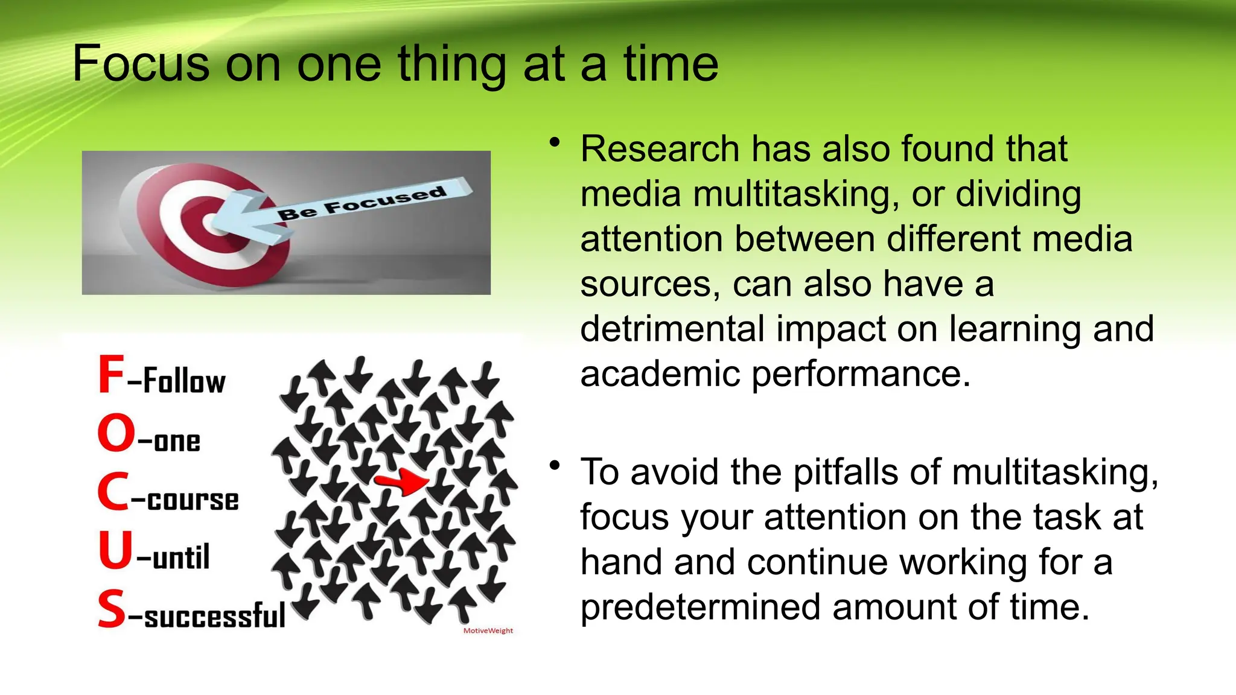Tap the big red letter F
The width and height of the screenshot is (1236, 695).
pyautogui.click(x=111, y=375)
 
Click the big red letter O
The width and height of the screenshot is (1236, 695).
pyautogui.click(x=116, y=433)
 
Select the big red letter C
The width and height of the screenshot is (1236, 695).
pyautogui.click(x=112, y=492)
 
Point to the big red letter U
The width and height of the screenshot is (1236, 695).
pyautogui.click(x=115, y=550)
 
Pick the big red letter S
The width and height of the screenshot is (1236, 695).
pyautogui.click(x=112, y=609)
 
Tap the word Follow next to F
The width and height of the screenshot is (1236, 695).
pyautogui.click(x=184, y=381)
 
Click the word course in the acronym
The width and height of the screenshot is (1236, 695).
pyautogui.click(x=193, y=500)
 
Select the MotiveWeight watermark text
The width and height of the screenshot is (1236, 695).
pyautogui.click(x=488, y=631)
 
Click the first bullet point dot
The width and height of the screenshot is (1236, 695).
pyautogui.click(x=555, y=143)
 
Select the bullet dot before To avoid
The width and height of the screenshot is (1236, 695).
pyautogui.click(x=555, y=466)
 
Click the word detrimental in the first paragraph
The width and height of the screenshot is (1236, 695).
pyautogui.click(x=671, y=329)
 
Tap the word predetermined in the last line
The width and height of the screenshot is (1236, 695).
pyautogui.click(x=700, y=607)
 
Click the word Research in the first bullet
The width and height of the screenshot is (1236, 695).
pyautogui.click(x=659, y=149)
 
